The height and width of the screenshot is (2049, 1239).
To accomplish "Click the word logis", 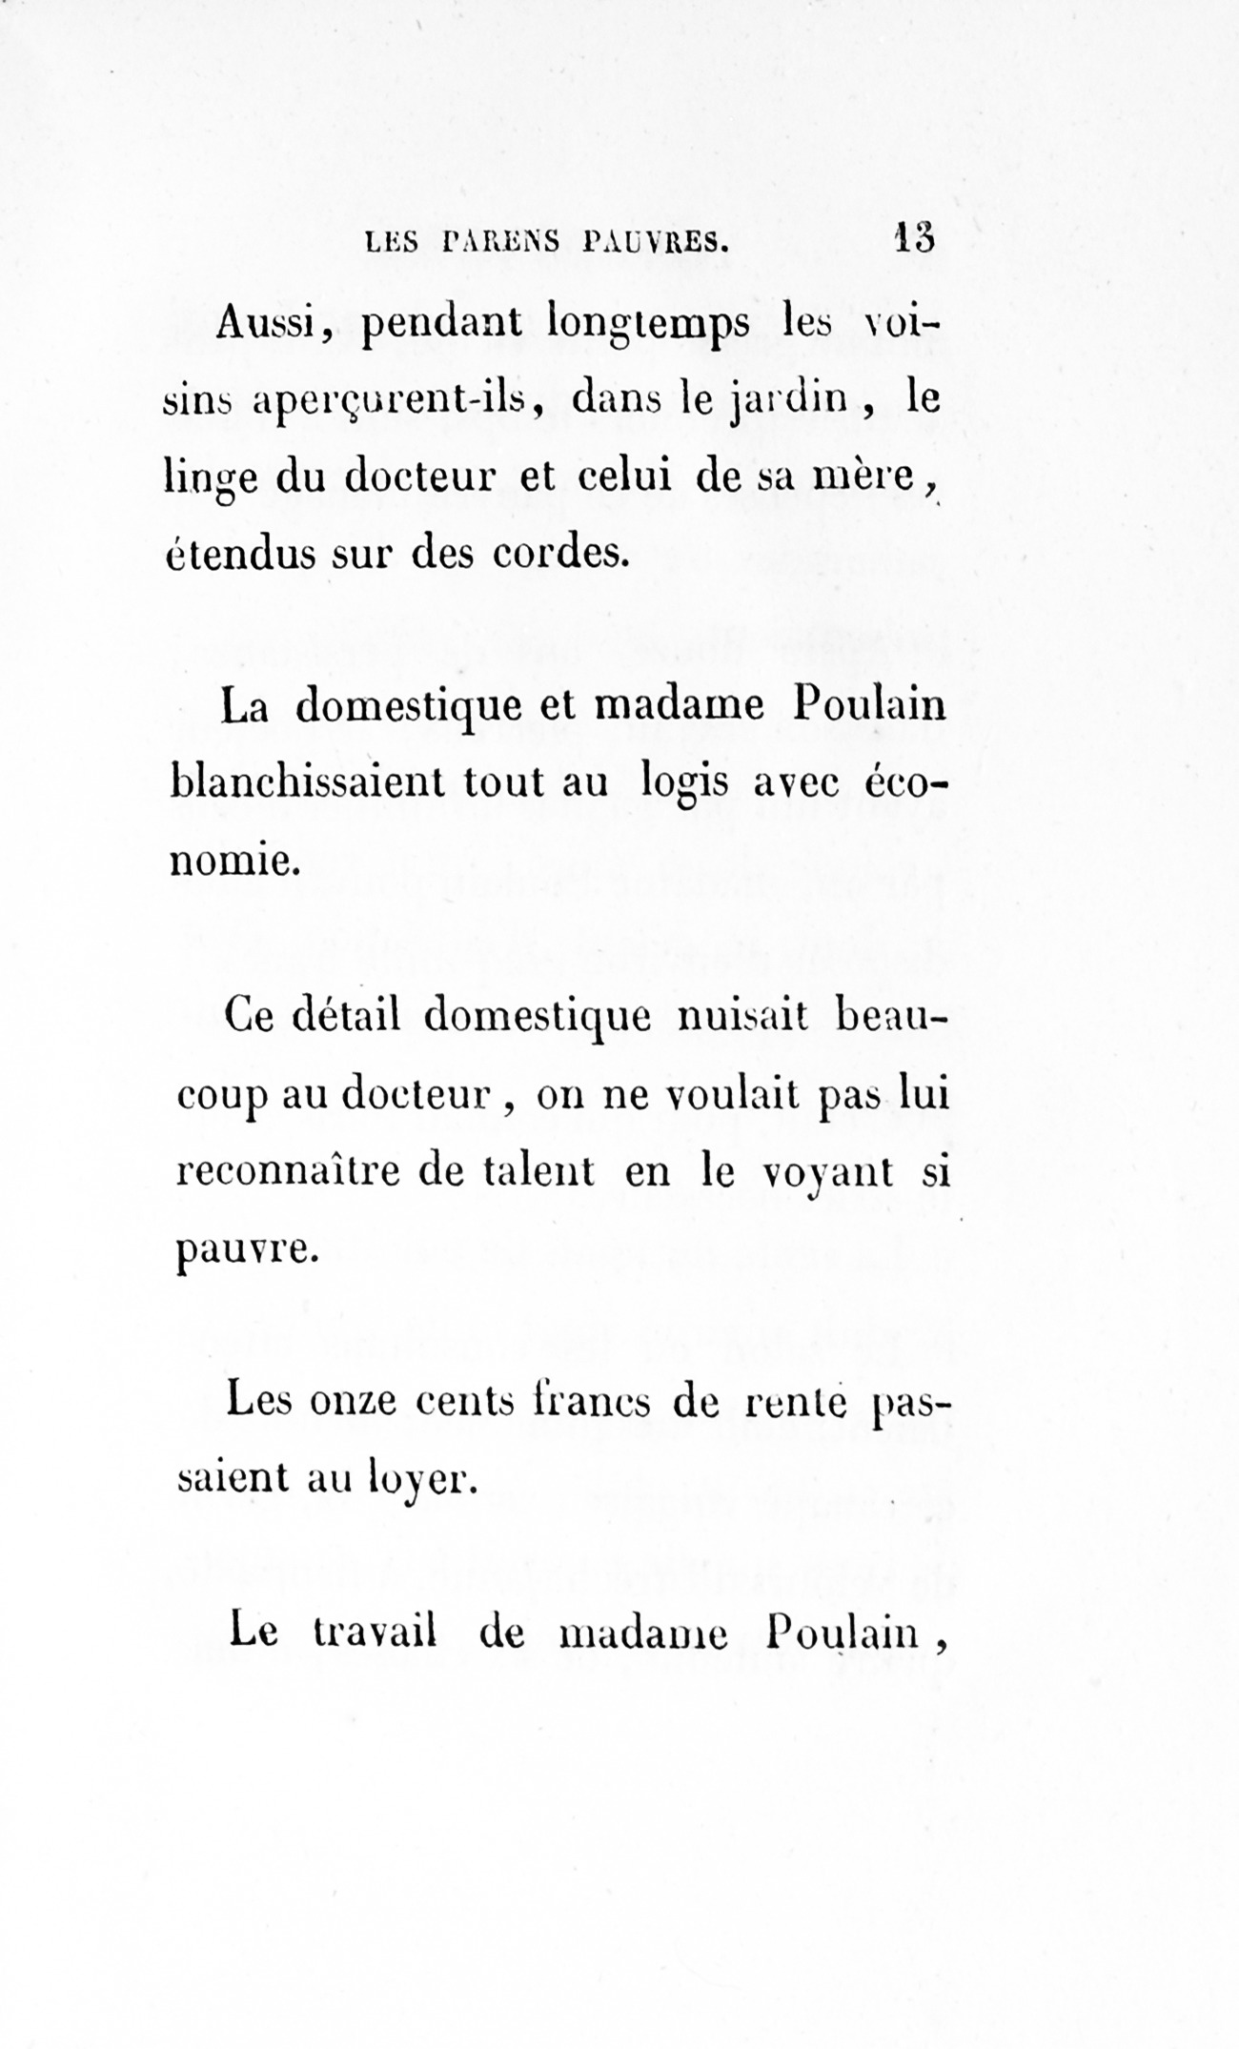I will point(685,784).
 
